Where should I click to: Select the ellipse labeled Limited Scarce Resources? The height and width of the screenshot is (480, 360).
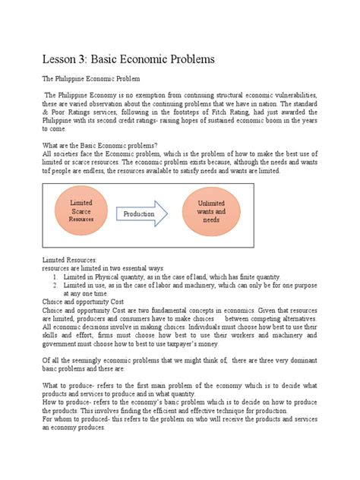(81, 212)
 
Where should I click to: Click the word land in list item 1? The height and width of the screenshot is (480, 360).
(226, 277)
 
